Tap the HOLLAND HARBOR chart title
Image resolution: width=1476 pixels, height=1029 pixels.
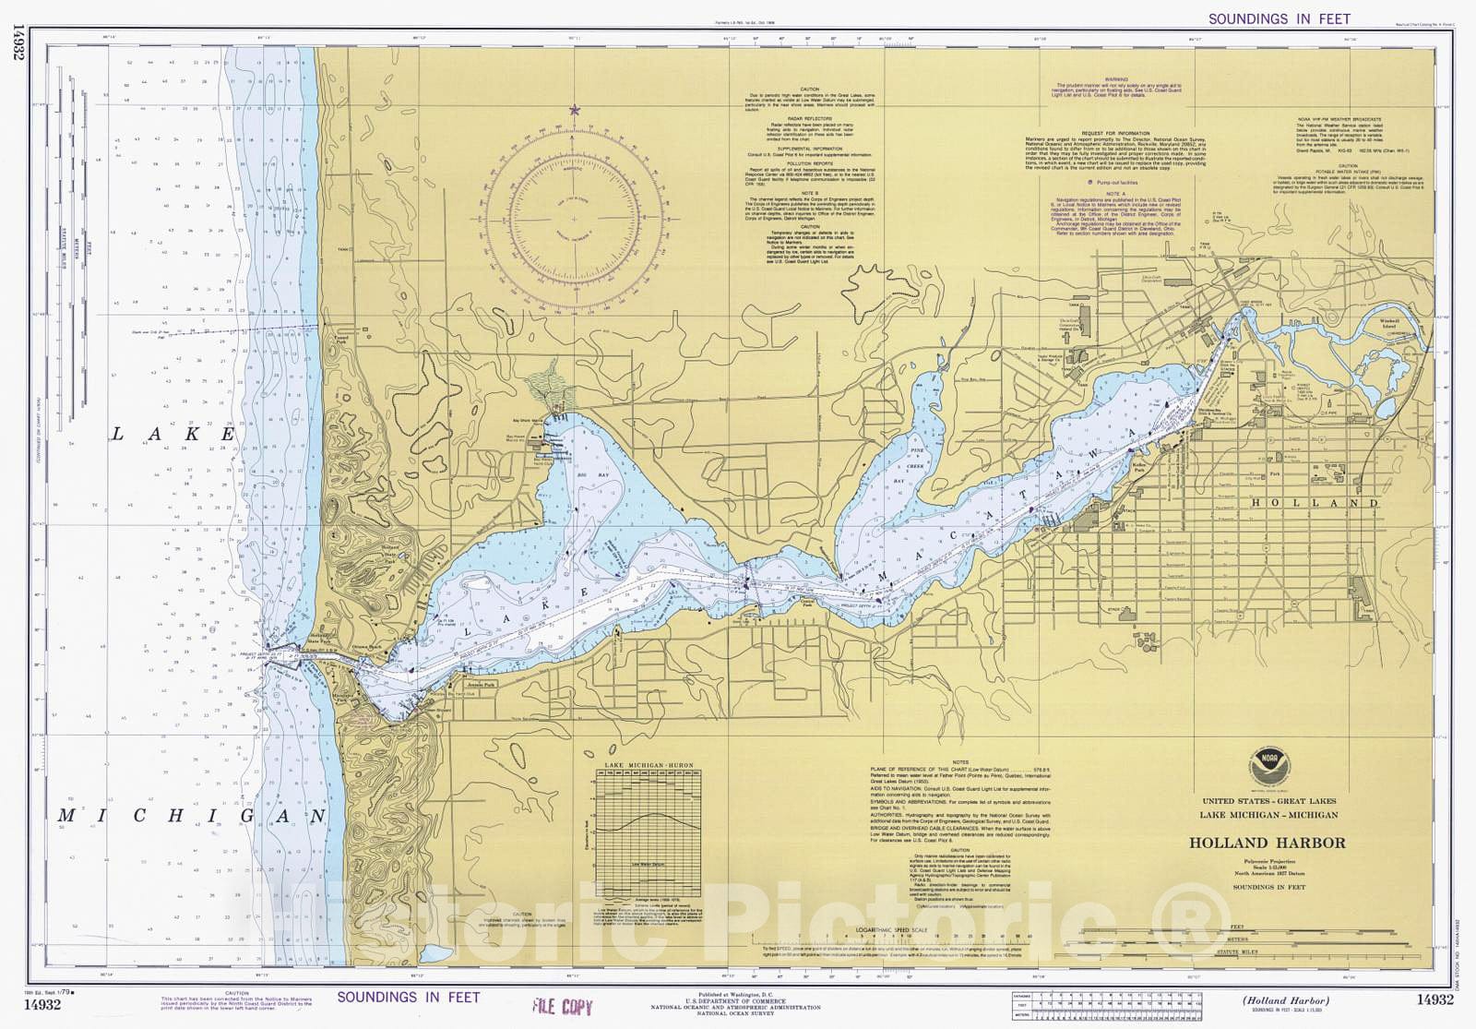point(1267,843)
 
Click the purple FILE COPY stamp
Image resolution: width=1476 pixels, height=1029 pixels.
point(562,1007)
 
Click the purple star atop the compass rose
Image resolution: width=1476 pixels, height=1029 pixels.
point(575,110)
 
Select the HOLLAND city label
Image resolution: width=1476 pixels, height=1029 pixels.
point(1314,503)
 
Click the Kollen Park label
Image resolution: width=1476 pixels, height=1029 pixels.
point(1138,465)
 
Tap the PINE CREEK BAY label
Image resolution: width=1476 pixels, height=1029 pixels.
point(916,466)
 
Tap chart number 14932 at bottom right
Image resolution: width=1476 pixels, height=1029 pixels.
point(1434,999)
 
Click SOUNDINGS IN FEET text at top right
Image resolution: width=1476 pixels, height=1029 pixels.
point(1279,18)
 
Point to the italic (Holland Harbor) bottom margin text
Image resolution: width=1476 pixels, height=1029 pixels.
point(1285,1000)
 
